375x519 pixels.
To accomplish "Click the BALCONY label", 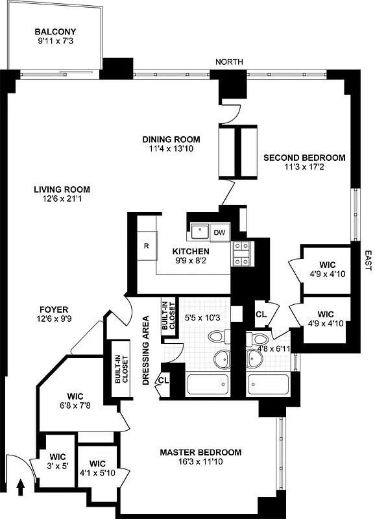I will pos(55,32).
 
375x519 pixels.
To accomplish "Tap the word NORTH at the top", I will pos(230,62).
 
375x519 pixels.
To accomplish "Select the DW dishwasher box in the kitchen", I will pos(219,232).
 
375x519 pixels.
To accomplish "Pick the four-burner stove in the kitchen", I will pos(241,254).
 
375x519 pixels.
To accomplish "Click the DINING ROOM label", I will pos(171,139).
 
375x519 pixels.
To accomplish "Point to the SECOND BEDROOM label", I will pos(304,158).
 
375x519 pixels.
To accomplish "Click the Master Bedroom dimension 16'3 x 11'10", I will pos(201,463).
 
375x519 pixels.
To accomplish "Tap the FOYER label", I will pos(54,310).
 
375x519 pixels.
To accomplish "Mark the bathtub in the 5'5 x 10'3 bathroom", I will pos(208,384).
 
